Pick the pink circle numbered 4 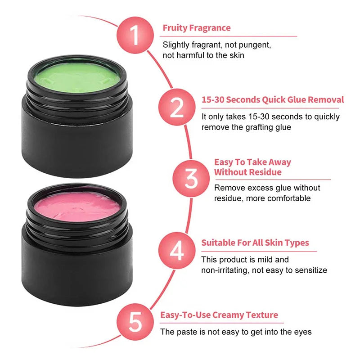tap(176, 250)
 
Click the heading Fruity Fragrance tap(196, 28)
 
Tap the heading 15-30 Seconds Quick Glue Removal tap(272, 99)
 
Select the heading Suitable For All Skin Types tap(255, 243)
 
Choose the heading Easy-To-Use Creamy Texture tap(219, 315)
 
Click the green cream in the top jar tap(77, 78)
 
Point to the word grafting tap(260, 127)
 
